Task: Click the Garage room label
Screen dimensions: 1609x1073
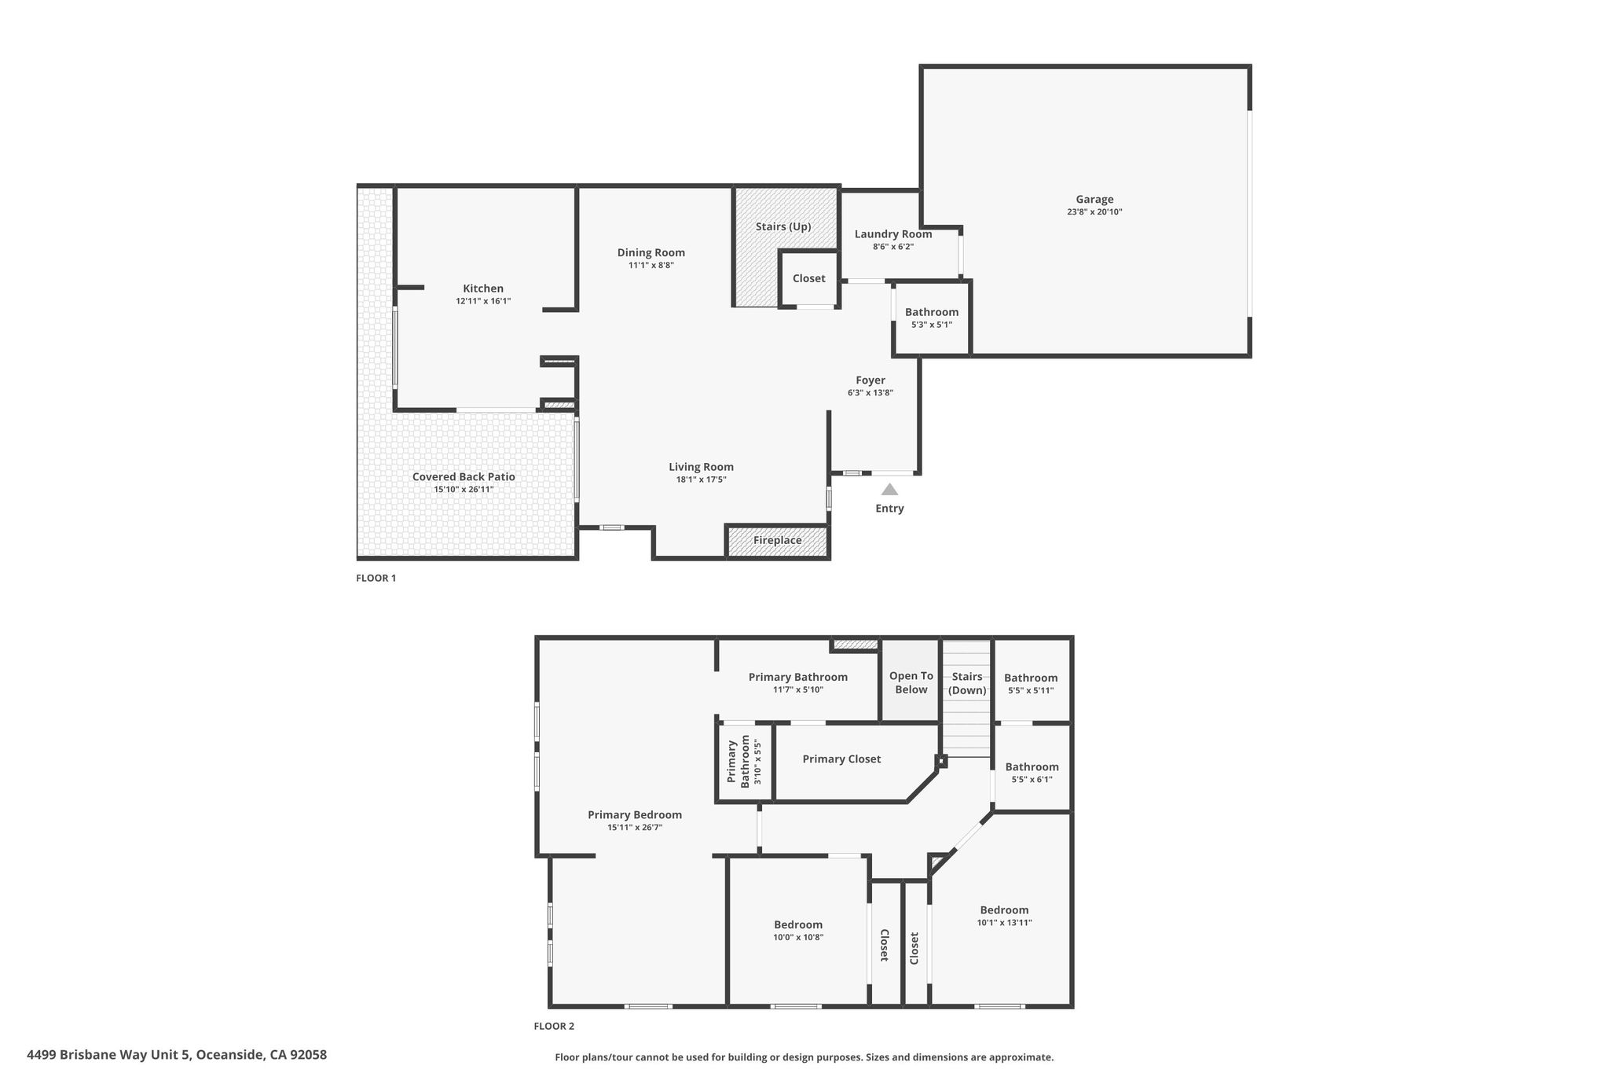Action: pyautogui.click(x=1094, y=200)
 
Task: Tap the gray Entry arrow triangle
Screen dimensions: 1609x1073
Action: pyautogui.click(x=889, y=489)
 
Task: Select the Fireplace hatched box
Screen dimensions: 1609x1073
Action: pyautogui.click(x=778, y=541)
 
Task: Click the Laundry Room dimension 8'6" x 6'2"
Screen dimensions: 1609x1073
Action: pyautogui.click(x=893, y=247)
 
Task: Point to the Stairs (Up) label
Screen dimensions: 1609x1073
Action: pyautogui.click(x=783, y=226)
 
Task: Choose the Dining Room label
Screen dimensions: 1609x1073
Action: pyautogui.click(x=651, y=252)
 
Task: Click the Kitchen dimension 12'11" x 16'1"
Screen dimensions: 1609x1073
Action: pyautogui.click(x=483, y=301)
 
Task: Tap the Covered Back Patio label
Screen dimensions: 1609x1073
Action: pyautogui.click(x=464, y=476)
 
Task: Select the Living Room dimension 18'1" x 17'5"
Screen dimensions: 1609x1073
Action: pyautogui.click(x=702, y=480)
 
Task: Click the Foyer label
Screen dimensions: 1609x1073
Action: pyautogui.click(x=870, y=380)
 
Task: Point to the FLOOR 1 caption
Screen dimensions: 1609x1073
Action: pyautogui.click(x=376, y=578)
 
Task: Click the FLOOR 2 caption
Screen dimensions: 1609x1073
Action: pyautogui.click(x=554, y=1026)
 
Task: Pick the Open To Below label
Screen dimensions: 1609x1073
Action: pyautogui.click(x=911, y=682)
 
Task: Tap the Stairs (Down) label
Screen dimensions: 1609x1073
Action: pyautogui.click(x=967, y=683)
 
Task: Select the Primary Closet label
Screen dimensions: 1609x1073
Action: pyautogui.click(x=841, y=759)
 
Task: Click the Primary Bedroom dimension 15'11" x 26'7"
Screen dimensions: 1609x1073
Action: pyautogui.click(x=635, y=827)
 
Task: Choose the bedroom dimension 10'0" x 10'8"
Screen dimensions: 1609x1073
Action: pyautogui.click(x=798, y=937)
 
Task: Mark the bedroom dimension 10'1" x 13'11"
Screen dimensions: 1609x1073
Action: pyautogui.click(x=1004, y=923)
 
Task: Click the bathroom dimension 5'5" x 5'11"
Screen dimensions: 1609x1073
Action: pyautogui.click(x=1031, y=691)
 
